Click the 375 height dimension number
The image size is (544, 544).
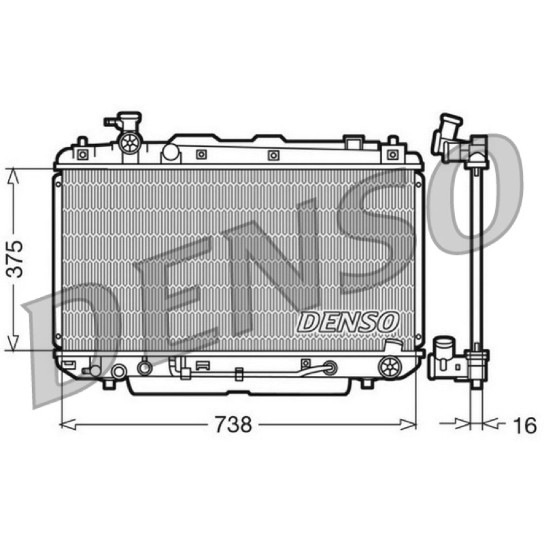coord(15,258)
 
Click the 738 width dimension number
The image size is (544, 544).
coord(233,424)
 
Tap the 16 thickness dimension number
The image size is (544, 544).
coord(524,425)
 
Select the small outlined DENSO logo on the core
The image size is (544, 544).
coord(348,322)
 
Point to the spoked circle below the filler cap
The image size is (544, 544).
coord(130,142)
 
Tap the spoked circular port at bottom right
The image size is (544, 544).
coord(390,367)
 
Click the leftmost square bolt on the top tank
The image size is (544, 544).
coord(82,154)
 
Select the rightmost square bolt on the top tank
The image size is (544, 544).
coord(392,154)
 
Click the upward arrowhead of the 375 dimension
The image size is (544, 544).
coord(13,175)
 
